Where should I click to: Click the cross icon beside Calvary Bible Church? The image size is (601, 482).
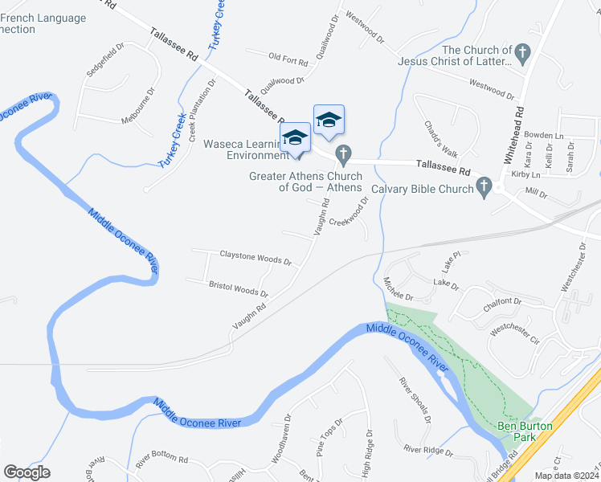(x=484, y=189)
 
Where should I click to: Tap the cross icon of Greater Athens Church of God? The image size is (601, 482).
(x=344, y=153)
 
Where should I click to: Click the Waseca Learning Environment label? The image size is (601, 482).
(x=244, y=149)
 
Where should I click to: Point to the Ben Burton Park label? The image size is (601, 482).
(x=516, y=431)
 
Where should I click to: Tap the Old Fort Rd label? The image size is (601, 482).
(x=288, y=59)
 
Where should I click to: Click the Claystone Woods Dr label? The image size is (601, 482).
(x=256, y=259)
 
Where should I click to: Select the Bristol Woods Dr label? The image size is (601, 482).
(x=239, y=288)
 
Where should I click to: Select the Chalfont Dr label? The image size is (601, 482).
(x=502, y=303)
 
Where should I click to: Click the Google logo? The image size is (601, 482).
(x=27, y=472)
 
